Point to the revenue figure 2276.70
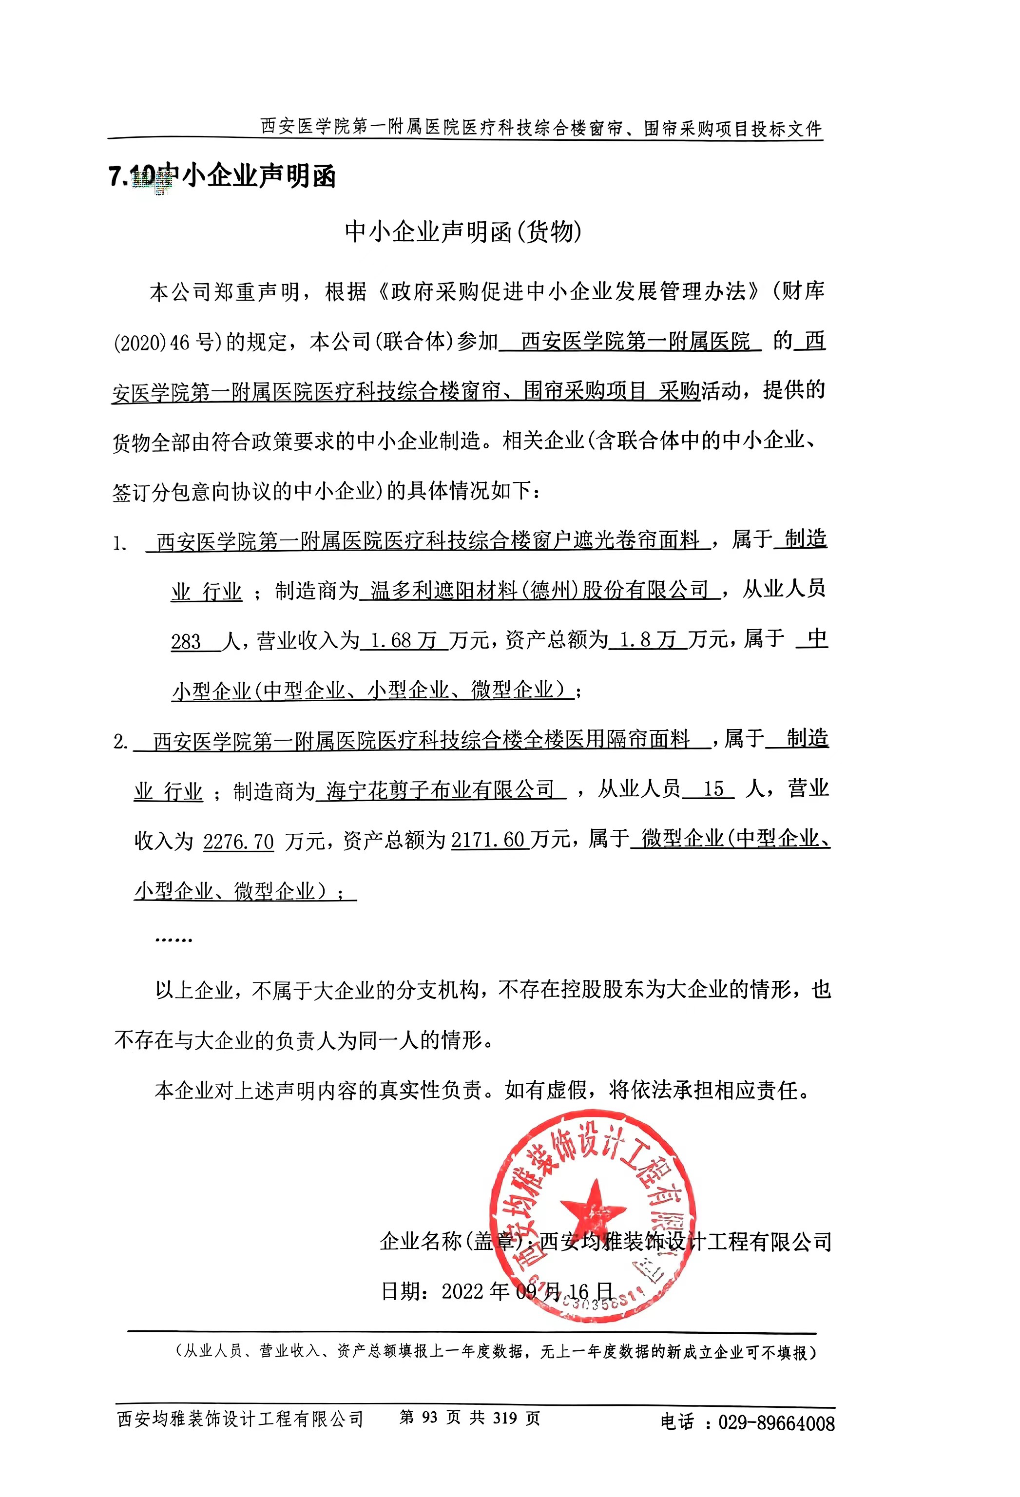point(238,841)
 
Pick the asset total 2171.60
point(488,840)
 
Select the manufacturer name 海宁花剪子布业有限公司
point(440,790)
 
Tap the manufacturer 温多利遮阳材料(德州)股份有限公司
point(539,590)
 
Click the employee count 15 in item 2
point(713,790)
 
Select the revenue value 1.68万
point(404,640)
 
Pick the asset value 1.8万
point(647,640)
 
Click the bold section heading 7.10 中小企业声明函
point(222,176)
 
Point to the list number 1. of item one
point(120,544)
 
